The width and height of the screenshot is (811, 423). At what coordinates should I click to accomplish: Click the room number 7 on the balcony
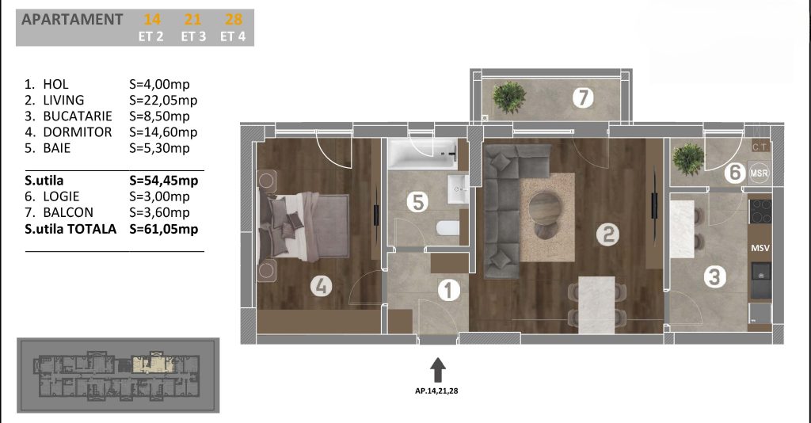click(x=583, y=97)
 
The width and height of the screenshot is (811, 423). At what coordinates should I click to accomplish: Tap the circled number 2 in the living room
click(x=607, y=234)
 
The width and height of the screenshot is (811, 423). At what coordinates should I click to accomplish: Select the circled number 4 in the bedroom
click(x=322, y=285)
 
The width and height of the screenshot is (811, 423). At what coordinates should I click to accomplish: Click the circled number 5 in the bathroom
click(x=418, y=202)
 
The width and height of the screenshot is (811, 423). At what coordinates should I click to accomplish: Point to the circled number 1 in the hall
click(x=448, y=290)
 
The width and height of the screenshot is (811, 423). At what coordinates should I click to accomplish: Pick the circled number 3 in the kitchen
click(x=714, y=276)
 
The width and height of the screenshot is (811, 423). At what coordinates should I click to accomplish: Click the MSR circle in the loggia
click(x=759, y=173)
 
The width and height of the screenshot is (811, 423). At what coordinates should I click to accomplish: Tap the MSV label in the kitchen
click(x=760, y=248)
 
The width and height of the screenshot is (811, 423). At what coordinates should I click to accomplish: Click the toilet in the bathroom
click(x=448, y=227)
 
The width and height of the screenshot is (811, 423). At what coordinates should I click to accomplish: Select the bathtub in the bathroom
click(x=423, y=154)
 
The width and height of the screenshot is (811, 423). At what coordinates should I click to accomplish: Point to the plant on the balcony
click(x=509, y=97)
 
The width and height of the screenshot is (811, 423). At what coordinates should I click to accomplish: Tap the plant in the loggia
click(x=688, y=158)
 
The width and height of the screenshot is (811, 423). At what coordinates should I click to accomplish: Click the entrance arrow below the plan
click(x=437, y=370)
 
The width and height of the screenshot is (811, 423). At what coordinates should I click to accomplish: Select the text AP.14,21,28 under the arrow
click(x=436, y=391)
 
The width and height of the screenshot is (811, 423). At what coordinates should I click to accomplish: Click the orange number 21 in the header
click(x=193, y=20)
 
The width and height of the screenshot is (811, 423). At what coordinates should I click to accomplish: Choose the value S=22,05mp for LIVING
click(x=163, y=101)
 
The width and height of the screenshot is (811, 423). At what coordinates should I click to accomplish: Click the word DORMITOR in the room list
click(x=78, y=132)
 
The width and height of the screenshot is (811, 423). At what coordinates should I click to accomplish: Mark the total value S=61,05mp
click(x=164, y=229)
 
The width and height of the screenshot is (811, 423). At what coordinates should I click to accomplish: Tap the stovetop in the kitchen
click(x=760, y=211)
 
